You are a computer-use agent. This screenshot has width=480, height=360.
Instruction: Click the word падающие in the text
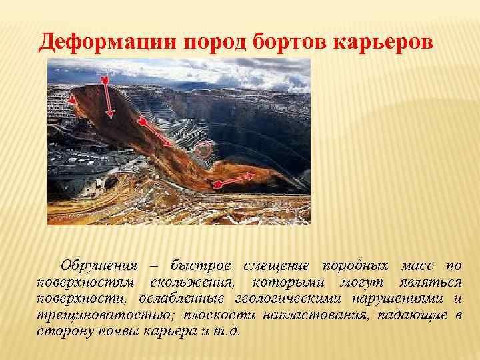(415, 315)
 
